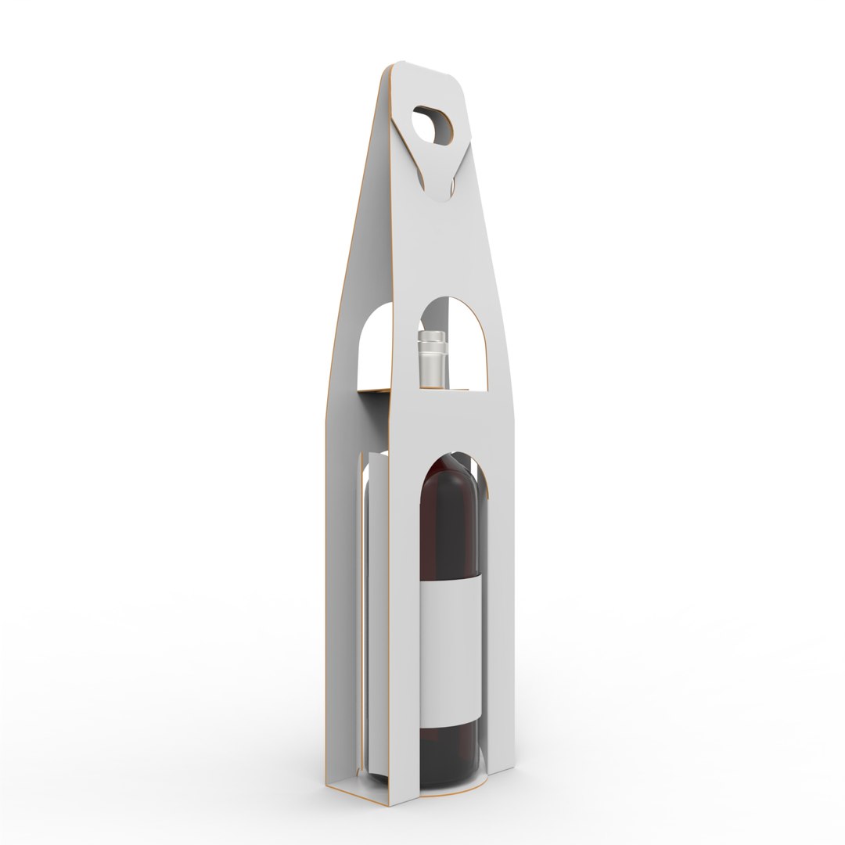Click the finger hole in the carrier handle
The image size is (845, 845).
tap(432, 124)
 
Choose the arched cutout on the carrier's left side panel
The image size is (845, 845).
tap(373, 344)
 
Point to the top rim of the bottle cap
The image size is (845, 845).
tap(430, 334)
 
